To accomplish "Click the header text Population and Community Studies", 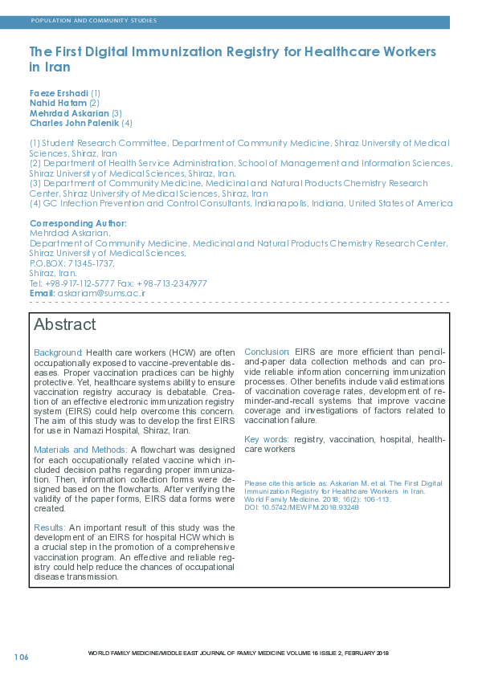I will click(x=93, y=20).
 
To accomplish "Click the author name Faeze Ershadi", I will click(x=59, y=93).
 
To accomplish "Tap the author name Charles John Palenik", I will click(x=74, y=123).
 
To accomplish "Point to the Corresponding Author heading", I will click(x=78, y=223).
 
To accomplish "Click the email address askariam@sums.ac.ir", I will click(x=101, y=293).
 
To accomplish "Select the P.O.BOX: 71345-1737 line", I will click(x=72, y=263).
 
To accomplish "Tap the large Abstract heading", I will click(x=64, y=325).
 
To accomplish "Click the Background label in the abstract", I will click(x=58, y=352).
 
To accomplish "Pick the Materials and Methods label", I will click(x=80, y=449).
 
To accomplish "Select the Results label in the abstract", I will click(x=49, y=527).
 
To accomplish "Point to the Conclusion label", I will click(x=267, y=352).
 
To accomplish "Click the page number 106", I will click(x=21, y=657).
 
